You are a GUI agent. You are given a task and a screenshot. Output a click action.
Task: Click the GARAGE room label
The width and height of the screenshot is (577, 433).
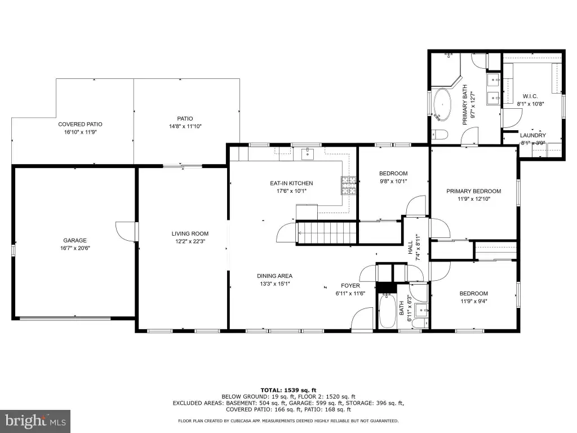(75, 240)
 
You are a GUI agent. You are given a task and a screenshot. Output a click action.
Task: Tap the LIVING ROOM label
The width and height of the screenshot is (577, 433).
(190, 233)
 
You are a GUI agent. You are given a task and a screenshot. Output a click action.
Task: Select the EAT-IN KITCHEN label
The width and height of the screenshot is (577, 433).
(291, 183)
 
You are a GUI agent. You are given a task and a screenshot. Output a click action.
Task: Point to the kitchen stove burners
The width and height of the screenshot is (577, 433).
(348, 185)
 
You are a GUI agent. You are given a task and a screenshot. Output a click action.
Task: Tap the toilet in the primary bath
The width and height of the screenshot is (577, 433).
(440, 134)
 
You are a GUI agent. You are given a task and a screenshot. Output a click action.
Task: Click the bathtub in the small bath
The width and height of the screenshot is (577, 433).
(387, 311)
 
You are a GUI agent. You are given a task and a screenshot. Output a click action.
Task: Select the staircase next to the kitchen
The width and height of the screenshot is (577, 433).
(327, 233)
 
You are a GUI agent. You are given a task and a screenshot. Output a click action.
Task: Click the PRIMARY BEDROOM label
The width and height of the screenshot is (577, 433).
(473, 191)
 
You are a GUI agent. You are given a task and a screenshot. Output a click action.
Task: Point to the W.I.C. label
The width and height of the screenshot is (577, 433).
(530, 96)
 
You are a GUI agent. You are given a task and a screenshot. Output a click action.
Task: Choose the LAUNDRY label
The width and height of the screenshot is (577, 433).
(533, 135)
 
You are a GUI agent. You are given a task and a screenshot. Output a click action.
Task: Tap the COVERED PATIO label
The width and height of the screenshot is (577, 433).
(80, 124)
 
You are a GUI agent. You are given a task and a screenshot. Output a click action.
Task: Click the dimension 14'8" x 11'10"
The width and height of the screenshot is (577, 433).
(185, 126)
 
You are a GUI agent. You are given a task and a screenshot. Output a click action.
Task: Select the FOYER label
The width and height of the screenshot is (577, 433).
(350, 285)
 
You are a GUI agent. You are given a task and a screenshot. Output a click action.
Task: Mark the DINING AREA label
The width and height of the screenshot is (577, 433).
(274, 276)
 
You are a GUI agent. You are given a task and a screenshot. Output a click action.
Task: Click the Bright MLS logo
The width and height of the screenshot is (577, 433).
(35, 421)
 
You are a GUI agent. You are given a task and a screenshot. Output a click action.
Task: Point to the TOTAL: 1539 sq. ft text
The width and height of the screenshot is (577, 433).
(288, 390)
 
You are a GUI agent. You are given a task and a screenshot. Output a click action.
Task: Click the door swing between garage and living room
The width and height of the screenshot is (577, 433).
(126, 232)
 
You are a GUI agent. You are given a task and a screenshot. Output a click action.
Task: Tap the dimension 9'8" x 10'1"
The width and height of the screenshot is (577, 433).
(393, 181)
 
